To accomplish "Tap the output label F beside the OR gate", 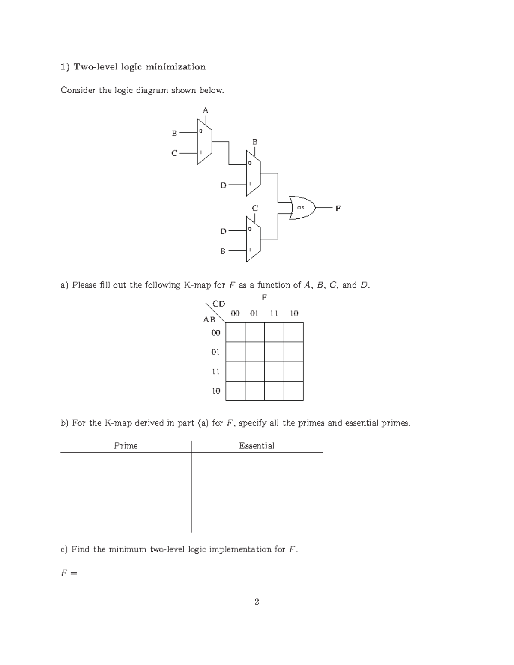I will (x=338, y=209).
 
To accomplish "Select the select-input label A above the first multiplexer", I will (x=206, y=110).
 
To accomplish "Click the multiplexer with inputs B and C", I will (x=204, y=143).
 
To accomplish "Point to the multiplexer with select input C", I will (x=253, y=239).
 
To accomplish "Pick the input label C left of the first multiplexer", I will (x=174, y=153).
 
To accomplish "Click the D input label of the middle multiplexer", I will (x=223, y=185).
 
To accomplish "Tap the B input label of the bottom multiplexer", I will (x=223, y=251).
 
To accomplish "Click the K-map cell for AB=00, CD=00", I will (x=235, y=332).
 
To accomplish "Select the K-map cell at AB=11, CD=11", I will (x=274, y=371).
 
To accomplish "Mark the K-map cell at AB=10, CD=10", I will (x=293, y=391).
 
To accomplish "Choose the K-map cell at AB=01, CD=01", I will (x=255, y=352).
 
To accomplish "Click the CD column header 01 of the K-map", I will (x=254, y=313).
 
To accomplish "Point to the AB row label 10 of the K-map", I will (x=216, y=391).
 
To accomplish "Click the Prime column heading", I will (x=126, y=446).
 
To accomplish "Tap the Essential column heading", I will (x=257, y=446).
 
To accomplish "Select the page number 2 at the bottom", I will (x=257, y=602).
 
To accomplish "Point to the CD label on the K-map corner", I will (x=219, y=304).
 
